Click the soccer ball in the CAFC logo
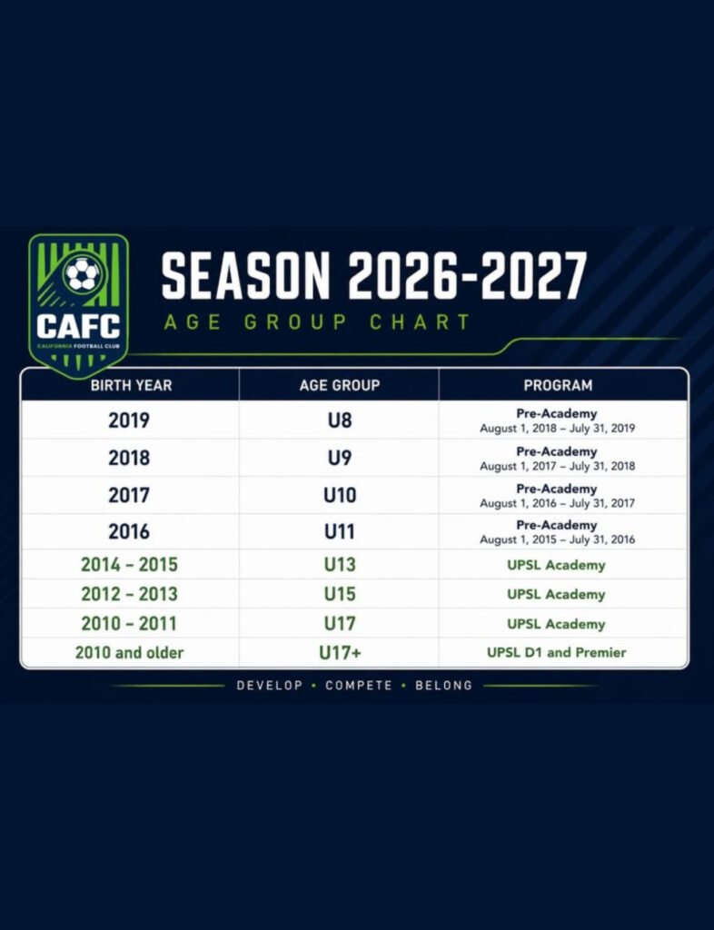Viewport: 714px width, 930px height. (83, 274)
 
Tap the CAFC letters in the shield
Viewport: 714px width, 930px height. (78, 326)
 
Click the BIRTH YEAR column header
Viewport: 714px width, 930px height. (131, 385)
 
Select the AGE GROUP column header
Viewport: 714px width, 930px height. (339, 385)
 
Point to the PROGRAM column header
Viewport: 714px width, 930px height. (558, 385)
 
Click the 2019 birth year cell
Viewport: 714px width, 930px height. (129, 420)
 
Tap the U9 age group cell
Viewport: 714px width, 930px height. (339, 458)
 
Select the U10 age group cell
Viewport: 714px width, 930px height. (339, 495)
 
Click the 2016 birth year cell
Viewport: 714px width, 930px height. (129, 531)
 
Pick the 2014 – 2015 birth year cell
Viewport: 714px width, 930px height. (129, 565)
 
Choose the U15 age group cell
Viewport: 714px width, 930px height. (339, 594)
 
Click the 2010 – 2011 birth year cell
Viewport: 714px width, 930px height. (129, 624)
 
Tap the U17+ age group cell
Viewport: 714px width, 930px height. (339, 653)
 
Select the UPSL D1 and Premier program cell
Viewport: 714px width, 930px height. (556, 652)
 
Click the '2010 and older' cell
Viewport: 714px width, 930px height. (129, 653)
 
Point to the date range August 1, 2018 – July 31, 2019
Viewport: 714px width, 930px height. (557, 429)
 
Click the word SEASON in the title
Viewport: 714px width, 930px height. (245, 276)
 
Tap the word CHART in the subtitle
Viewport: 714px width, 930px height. (420, 322)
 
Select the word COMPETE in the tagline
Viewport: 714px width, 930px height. (359, 686)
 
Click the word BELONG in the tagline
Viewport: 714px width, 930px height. (443, 686)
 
